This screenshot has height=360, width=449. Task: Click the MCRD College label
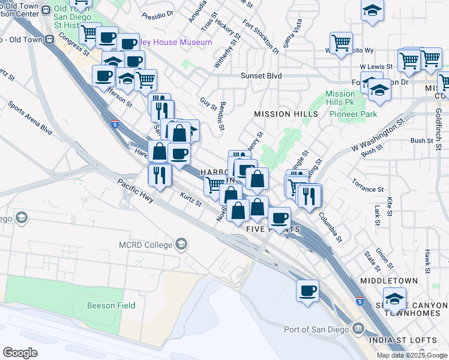145,244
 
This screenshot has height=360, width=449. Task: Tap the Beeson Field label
111,305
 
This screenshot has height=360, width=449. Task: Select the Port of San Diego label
318,329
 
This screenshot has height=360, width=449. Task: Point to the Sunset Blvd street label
261,76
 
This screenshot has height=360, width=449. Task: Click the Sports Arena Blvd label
30,116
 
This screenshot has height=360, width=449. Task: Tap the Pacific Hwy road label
136,193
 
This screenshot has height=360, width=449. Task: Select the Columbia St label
331,226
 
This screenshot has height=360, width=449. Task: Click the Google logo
20,353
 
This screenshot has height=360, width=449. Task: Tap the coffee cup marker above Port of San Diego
308,291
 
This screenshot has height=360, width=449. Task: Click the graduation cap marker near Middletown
394,298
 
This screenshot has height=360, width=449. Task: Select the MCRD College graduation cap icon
181,244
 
